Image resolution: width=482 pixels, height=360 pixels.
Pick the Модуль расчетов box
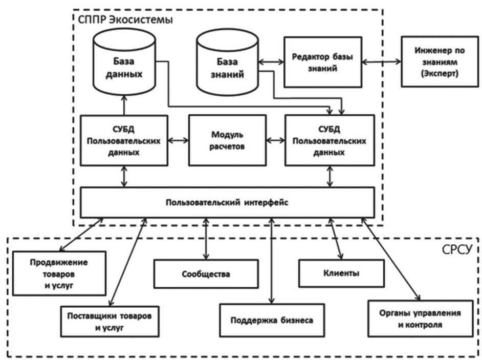pos(227,140)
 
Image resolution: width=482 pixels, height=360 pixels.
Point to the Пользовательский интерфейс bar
pos(227,202)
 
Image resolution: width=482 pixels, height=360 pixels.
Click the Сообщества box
pos(206,273)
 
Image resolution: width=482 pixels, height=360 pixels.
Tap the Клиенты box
pos(341,273)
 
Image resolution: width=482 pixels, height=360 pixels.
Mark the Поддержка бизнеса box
pos(271,321)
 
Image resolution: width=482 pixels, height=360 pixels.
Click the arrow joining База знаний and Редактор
pos(271,62)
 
